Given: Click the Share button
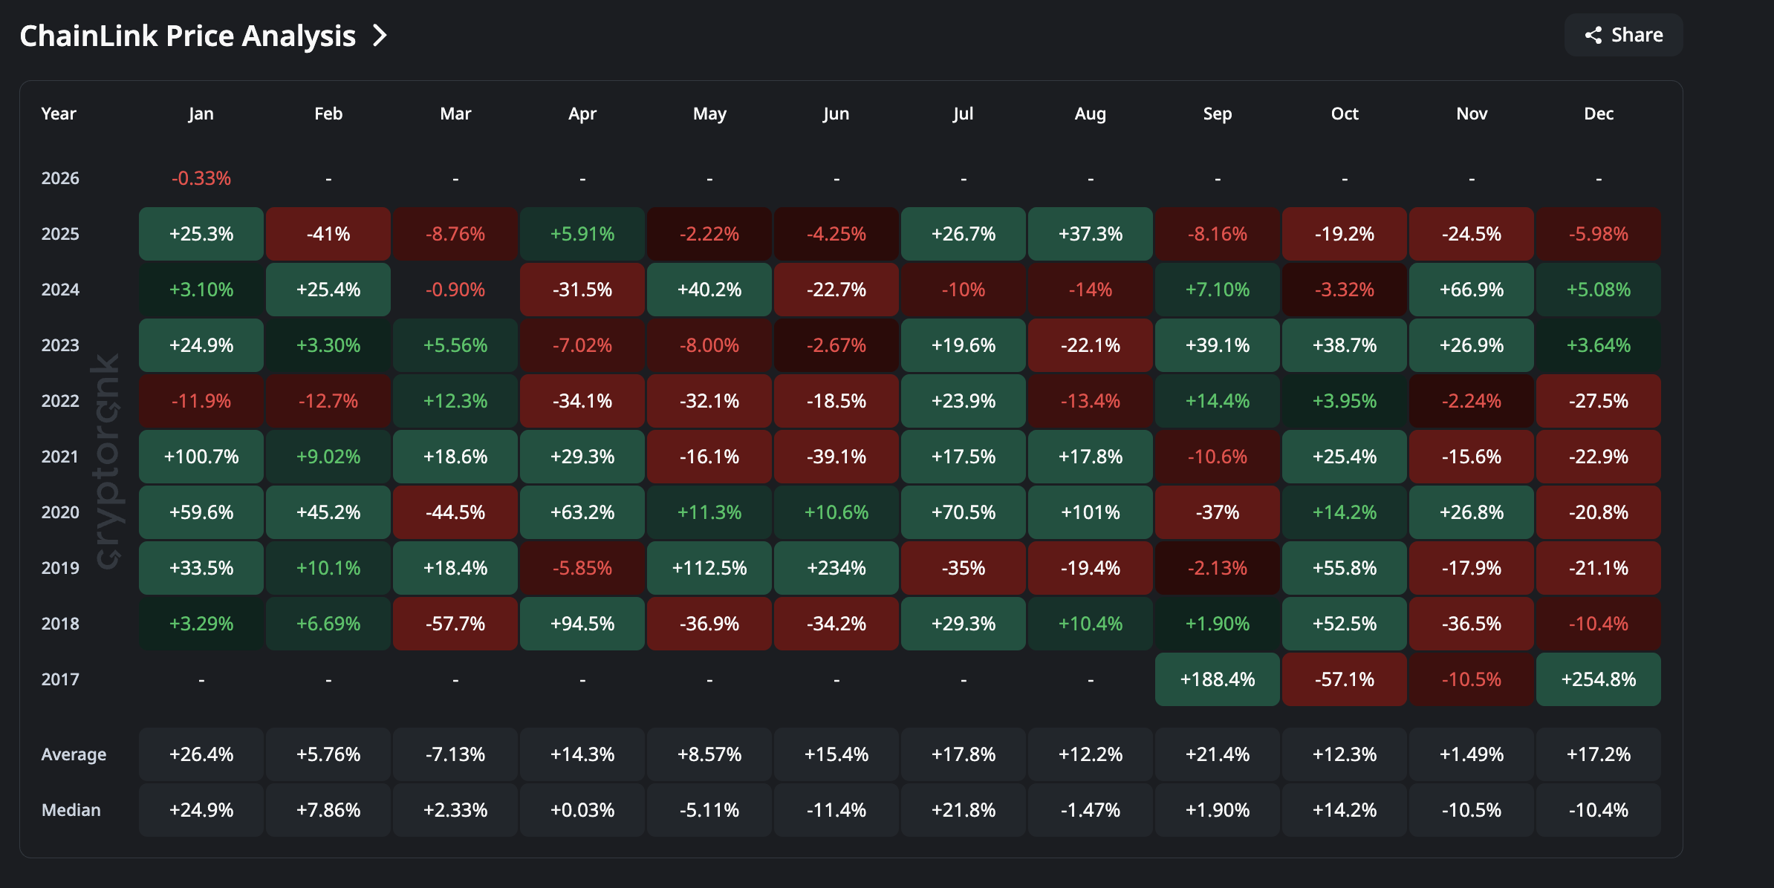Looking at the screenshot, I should click(x=1623, y=35).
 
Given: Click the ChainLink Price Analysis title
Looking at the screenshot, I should click(x=187, y=36).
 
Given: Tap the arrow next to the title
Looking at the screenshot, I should click(x=380, y=36).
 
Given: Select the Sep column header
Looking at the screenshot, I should click(x=1217, y=114).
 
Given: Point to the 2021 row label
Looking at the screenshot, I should click(x=60, y=457).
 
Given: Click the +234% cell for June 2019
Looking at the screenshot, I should click(x=836, y=568).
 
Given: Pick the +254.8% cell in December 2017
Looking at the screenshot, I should click(x=1598, y=679).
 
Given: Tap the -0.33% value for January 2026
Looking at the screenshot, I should click(x=201, y=178).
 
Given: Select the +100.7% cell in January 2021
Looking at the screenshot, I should click(x=201, y=457).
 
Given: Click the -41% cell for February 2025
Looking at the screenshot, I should click(x=328, y=234).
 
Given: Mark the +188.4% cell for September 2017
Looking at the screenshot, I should click(x=1217, y=679).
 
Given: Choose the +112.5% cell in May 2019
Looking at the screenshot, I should click(x=709, y=568).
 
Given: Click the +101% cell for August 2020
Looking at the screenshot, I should click(x=1090, y=512).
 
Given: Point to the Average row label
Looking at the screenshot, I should click(x=74, y=754).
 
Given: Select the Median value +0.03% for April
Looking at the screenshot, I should click(x=582, y=810).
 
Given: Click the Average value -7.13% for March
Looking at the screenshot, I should click(x=455, y=754).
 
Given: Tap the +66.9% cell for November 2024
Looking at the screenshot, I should click(x=1471, y=290).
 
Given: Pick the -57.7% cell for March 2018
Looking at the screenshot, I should click(x=455, y=624).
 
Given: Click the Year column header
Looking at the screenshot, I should click(x=59, y=114).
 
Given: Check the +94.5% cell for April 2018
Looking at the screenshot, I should click(x=582, y=624).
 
